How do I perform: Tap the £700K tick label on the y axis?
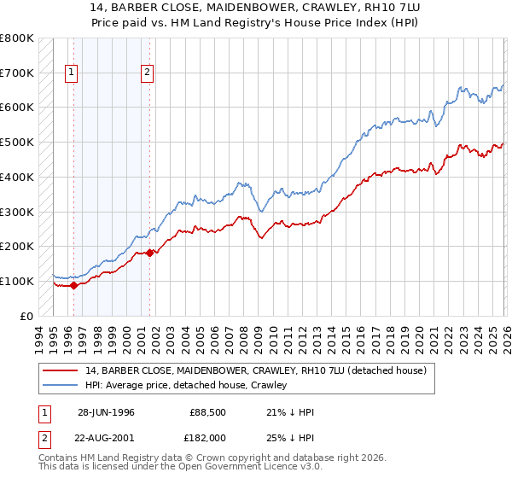tap(16, 73)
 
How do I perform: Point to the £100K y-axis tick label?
tap(16, 281)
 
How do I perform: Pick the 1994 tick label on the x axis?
tap(38, 333)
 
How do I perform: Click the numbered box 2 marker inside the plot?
tap(147, 73)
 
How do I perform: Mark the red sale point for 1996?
tap(73, 285)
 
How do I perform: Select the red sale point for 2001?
tap(150, 253)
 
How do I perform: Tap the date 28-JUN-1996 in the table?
tap(107, 412)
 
